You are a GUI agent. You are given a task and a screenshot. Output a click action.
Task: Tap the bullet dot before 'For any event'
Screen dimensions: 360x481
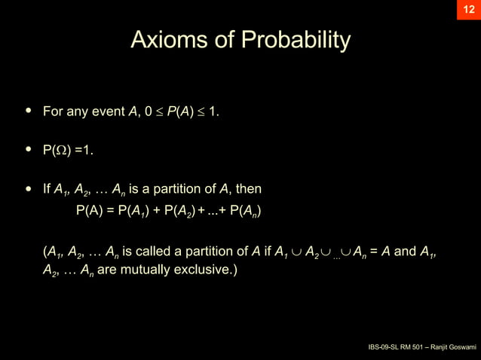point(29,111)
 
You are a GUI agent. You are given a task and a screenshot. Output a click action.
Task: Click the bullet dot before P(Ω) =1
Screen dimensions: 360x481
point(29,149)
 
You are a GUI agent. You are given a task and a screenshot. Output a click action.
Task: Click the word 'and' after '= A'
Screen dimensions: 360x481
point(406,251)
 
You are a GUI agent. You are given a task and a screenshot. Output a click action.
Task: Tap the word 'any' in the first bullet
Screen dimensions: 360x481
point(78,112)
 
